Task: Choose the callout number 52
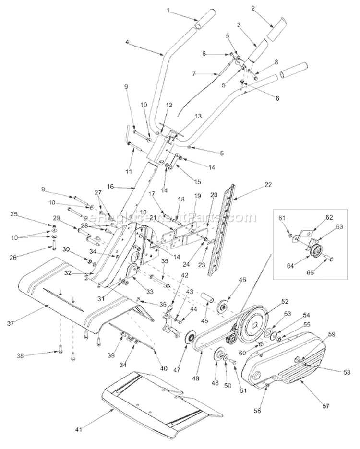tap(285, 302)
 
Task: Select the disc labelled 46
tap(222, 306)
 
